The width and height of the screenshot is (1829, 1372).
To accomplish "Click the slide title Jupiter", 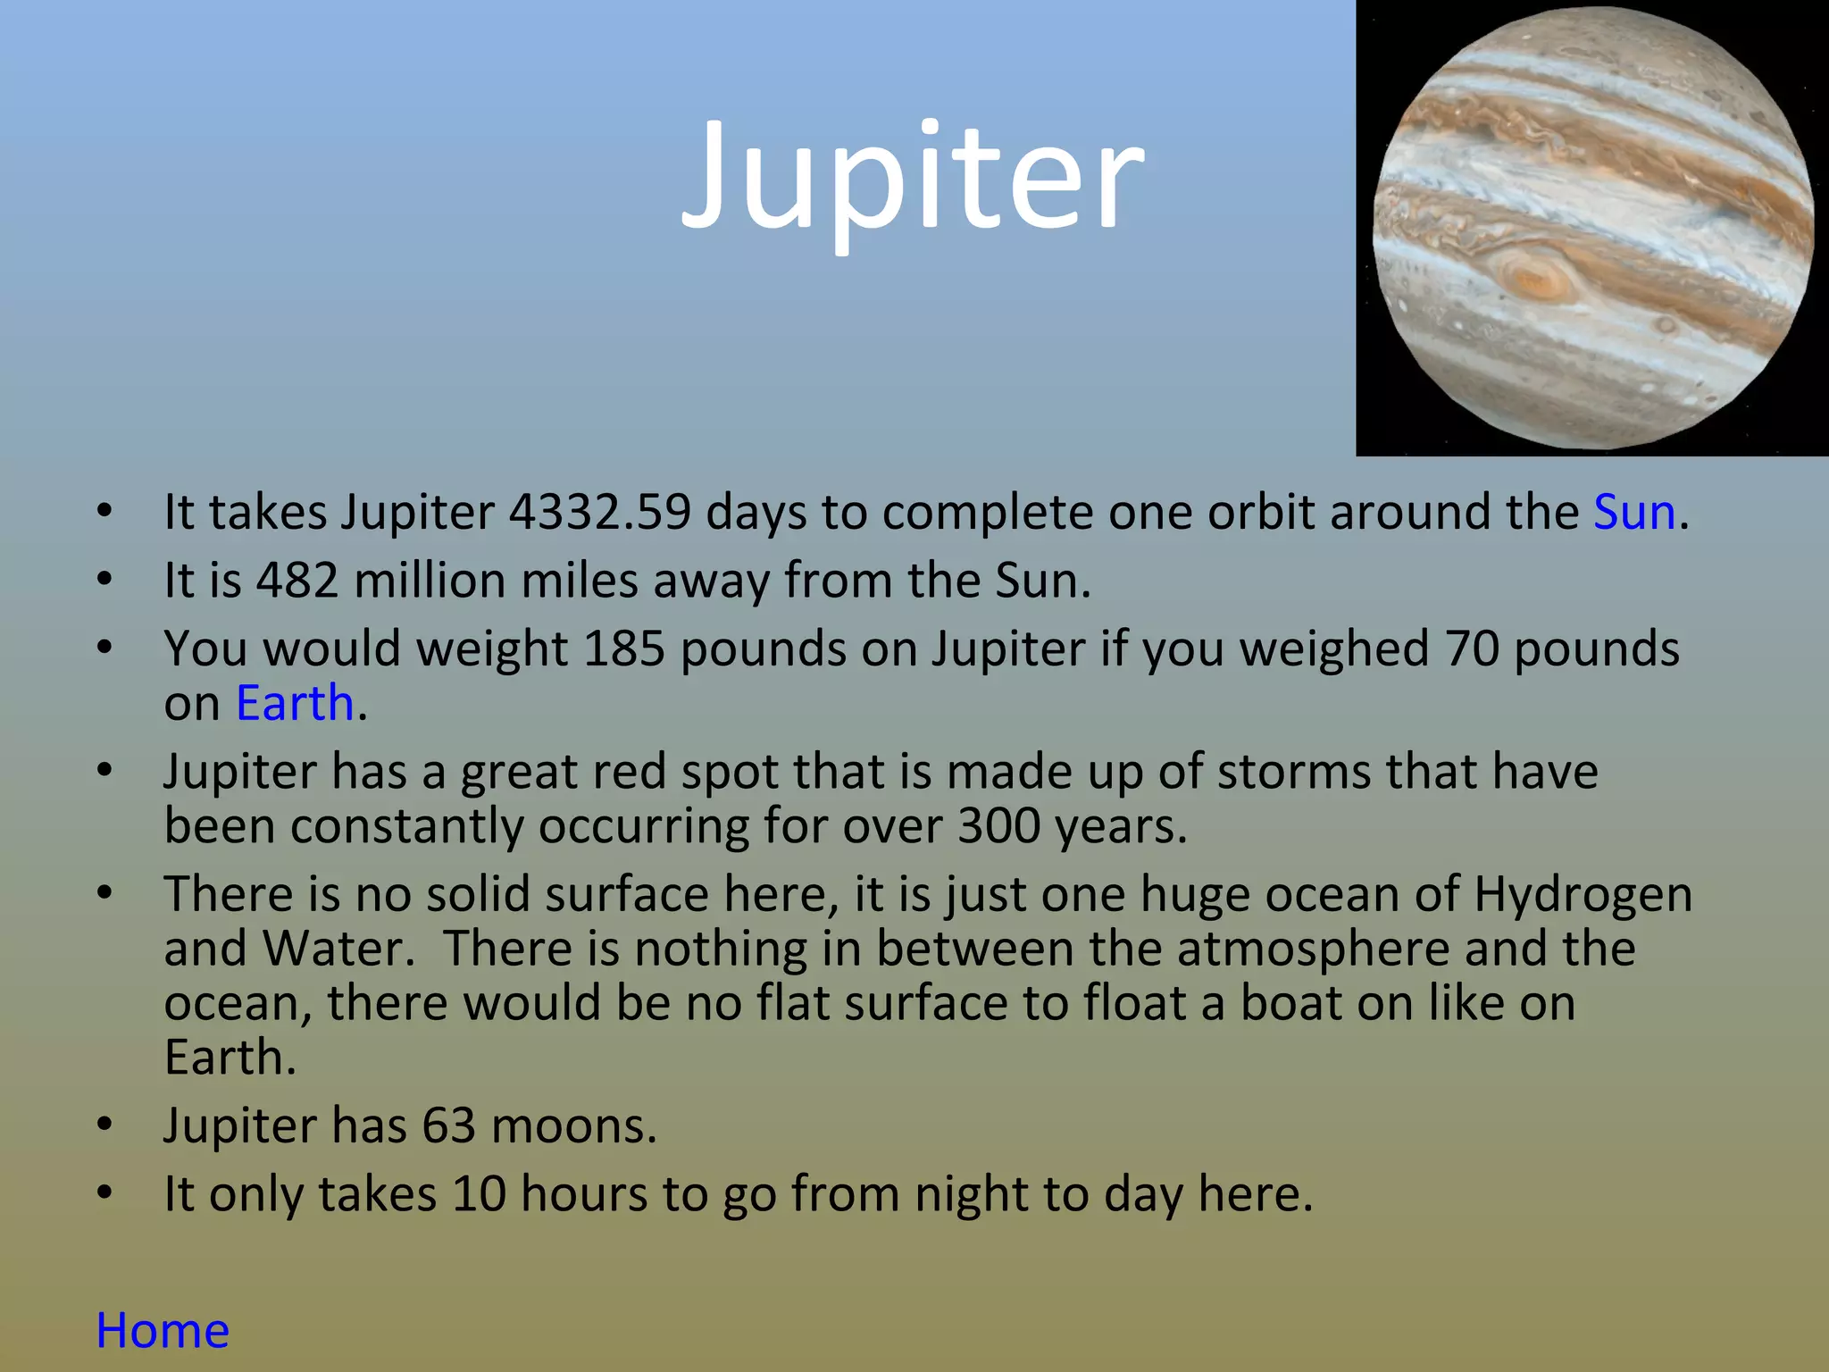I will click(912, 179).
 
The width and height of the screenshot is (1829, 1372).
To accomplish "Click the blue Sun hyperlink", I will click(1633, 513).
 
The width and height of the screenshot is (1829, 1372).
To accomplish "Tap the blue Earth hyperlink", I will click(295, 703).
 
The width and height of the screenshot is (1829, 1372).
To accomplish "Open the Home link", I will click(163, 1331).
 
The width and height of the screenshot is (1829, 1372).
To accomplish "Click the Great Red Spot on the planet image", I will click(1534, 276).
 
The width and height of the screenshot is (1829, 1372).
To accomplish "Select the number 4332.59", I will click(600, 513).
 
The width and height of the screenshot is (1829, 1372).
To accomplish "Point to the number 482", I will click(297, 581).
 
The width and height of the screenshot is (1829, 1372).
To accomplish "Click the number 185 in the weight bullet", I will click(624, 648).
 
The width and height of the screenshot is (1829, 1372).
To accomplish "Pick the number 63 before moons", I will click(449, 1125).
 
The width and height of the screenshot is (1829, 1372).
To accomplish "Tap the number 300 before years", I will click(998, 826).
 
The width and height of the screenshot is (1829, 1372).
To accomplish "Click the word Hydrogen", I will click(1583, 895).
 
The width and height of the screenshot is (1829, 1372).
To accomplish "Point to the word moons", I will click(573, 1125).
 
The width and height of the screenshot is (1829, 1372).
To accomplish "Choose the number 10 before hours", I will click(479, 1194).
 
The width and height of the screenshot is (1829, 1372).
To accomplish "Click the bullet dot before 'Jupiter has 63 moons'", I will click(105, 1125).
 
